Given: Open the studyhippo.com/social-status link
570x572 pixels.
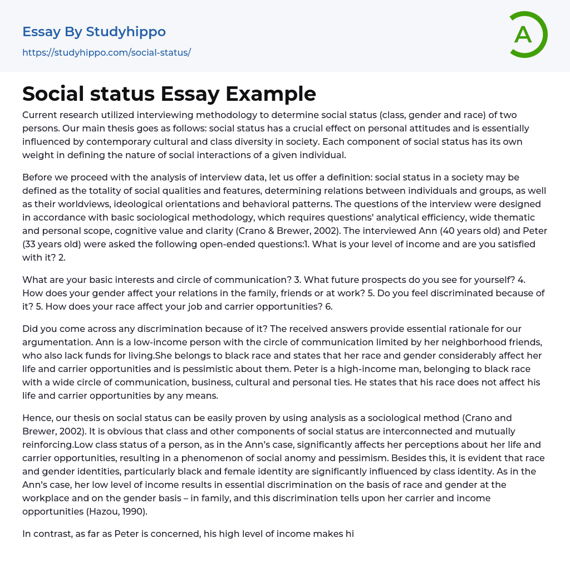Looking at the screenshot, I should (106, 52).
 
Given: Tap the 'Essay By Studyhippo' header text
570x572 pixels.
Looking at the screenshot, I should (94, 32).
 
